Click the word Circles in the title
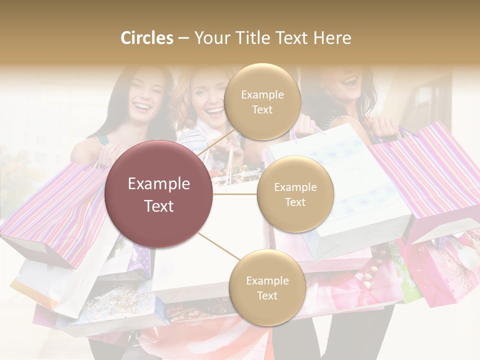147,38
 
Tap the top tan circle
262,101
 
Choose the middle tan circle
295,194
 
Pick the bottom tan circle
267,287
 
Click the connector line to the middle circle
235,194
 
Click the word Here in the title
332,38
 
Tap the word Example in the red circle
159,184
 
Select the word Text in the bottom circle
267,295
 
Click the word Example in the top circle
262,94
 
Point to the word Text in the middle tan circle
295,202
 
